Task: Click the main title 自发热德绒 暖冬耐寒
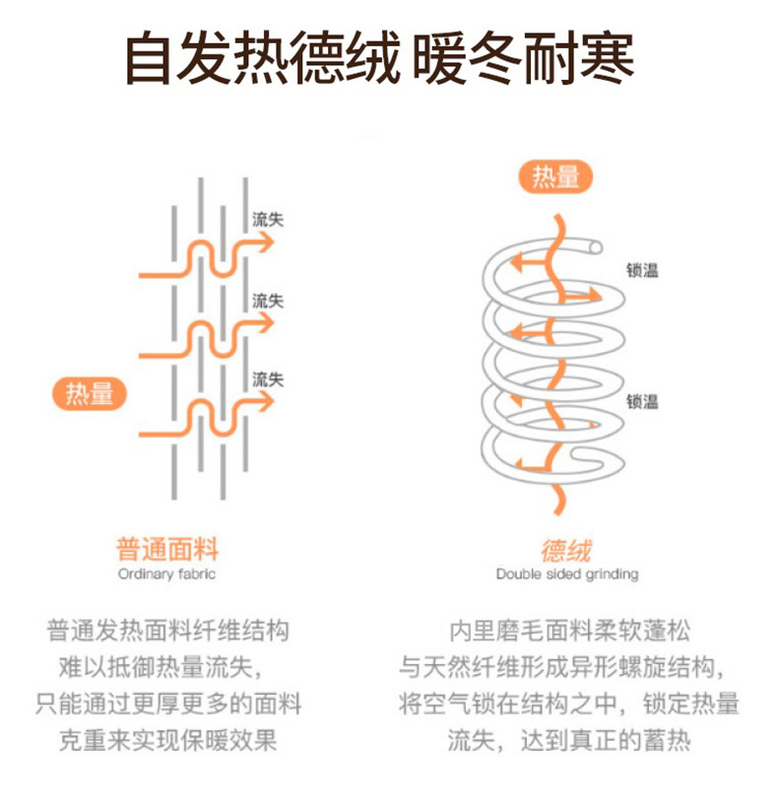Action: click(379, 59)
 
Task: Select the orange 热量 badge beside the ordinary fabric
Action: click(90, 394)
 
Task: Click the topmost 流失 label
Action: click(269, 220)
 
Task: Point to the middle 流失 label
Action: click(269, 300)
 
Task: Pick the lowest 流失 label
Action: click(269, 378)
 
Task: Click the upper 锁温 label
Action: click(642, 270)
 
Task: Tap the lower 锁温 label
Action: click(642, 401)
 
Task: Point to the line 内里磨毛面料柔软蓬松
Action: click(569, 632)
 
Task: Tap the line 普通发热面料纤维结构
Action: click(167, 632)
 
